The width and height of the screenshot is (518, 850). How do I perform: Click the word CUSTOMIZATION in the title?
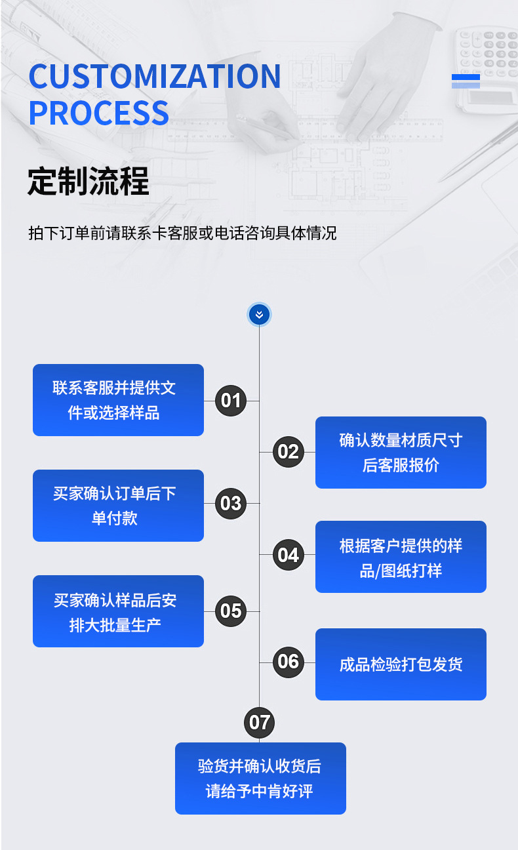coord(155,77)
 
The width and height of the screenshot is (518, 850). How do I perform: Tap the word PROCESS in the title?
coord(99,112)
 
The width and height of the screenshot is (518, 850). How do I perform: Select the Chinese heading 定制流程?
coord(89,181)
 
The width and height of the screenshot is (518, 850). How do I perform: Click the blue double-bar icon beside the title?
coord(466,81)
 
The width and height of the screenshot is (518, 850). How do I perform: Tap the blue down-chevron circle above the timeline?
coord(259,315)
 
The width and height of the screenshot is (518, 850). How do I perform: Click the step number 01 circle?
coord(231,400)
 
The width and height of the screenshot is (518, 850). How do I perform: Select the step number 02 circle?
coord(288,452)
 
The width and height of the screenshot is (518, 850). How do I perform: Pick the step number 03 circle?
coord(231,504)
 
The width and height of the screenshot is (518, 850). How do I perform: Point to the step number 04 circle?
coord(288,556)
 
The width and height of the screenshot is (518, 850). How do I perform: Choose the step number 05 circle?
coord(231,611)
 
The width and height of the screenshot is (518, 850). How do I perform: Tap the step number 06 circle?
coord(288,662)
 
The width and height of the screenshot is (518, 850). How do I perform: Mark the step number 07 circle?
coord(260,723)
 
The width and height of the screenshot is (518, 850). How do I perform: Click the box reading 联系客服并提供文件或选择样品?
coord(118,400)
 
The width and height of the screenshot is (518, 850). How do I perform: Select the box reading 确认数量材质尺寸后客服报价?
coord(401,453)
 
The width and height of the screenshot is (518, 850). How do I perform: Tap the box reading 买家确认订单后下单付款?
coord(118,506)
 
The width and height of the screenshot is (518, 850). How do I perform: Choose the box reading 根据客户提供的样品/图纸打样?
coord(401,557)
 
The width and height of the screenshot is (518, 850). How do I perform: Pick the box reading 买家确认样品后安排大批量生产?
coord(118,611)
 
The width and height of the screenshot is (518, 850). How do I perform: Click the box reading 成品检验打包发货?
coord(401,664)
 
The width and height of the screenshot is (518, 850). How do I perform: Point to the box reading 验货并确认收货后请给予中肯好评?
coord(260,779)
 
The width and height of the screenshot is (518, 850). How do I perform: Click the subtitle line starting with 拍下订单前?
coord(182,233)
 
